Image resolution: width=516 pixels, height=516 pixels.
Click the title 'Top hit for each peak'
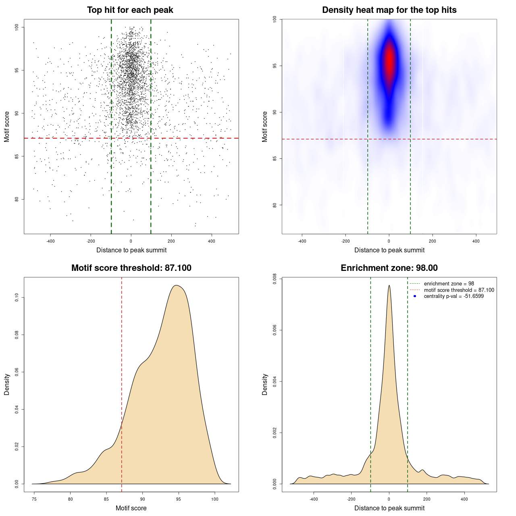(130, 10)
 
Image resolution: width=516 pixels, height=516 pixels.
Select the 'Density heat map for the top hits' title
(389, 10)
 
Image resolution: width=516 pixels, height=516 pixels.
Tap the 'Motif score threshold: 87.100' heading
(131, 268)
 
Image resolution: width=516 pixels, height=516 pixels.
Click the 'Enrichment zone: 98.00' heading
(389, 268)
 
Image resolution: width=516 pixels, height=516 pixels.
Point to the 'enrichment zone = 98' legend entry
(449, 284)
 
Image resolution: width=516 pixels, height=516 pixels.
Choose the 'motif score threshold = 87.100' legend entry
(459, 290)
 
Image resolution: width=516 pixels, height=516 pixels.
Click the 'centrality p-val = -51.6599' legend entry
(454, 296)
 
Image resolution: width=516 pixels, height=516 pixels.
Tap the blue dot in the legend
(415, 296)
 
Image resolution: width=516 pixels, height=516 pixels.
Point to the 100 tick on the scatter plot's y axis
(17, 27)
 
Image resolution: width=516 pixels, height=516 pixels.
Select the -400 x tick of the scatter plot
(50, 241)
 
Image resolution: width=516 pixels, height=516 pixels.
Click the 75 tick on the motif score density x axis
(34, 499)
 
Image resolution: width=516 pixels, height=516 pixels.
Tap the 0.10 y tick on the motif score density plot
(17, 298)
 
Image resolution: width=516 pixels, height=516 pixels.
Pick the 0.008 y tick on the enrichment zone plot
(275, 279)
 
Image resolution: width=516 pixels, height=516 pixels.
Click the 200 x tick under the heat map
(433, 241)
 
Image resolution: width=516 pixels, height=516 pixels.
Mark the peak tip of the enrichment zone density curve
(389, 285)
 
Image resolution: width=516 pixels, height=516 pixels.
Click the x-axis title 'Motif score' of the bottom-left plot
(131, 508)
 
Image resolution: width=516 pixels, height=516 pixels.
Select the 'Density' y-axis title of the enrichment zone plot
(265, 384)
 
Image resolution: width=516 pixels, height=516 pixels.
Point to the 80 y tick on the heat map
(275, 205)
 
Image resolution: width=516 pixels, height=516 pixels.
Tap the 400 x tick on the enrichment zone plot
(464, 499)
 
